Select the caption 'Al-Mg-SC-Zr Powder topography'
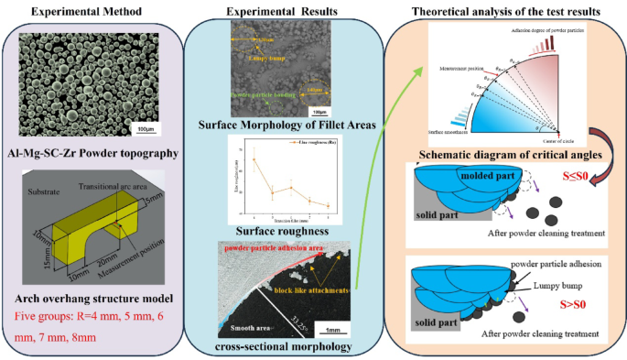[92, 153]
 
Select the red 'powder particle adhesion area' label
[265, 246]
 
